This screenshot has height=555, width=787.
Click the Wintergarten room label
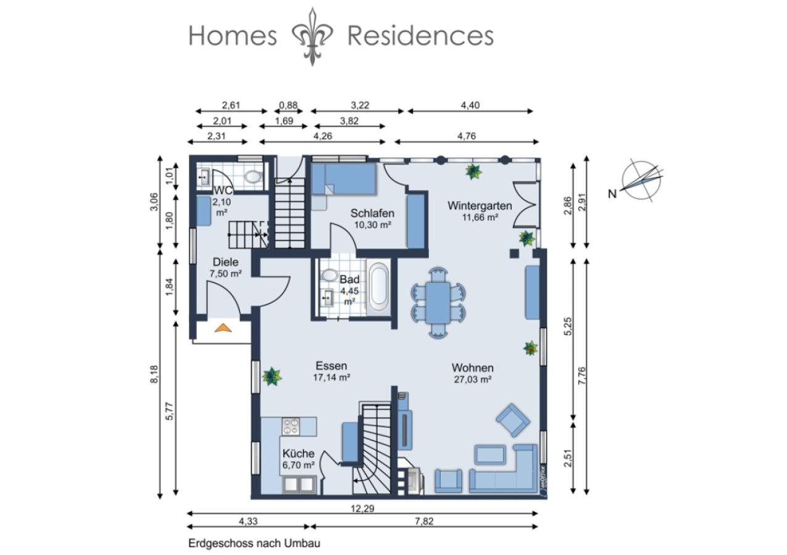pos(480,205)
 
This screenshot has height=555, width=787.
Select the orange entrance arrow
pos(223,327)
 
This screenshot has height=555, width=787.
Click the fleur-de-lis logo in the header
pos(312,36)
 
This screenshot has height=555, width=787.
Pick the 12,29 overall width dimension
pos(362,508)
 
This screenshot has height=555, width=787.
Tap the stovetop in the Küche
pos(291,426)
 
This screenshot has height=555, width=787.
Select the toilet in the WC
pos(253,176)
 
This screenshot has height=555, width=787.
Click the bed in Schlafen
pos(344,179)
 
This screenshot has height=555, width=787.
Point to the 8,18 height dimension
pos(154,374)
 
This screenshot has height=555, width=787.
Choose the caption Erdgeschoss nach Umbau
pos(254,543)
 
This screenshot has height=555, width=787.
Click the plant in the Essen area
pos(272,376)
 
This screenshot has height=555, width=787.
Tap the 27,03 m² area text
pos(473,379)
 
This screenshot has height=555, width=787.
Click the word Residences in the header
pos(420,36)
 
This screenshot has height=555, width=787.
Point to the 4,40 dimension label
pos(470,105)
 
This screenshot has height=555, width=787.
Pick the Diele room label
pos(225,262)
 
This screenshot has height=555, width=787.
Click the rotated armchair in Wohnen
pos(513,420)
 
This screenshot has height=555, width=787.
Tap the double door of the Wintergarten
pos(526,204)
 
